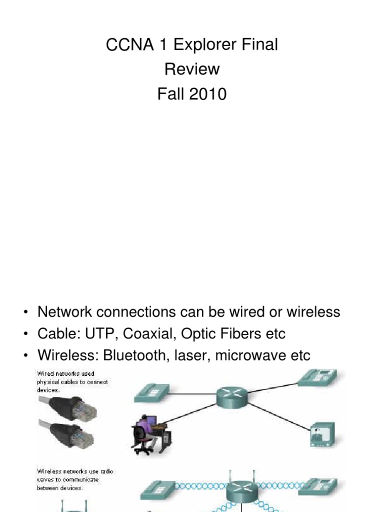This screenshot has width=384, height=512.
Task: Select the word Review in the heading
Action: pos(192,69)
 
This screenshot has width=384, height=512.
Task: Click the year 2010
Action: pos(207,93)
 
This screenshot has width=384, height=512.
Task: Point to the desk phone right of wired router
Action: pos(320,378)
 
